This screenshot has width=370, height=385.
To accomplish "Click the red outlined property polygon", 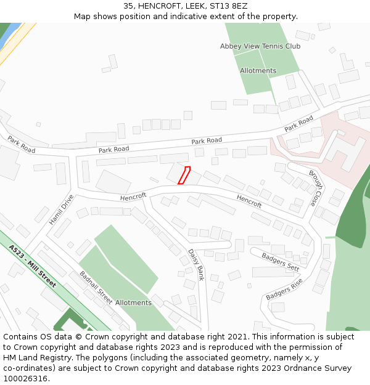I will pos(184,175).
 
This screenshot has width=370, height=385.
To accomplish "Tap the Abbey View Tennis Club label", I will pos(260,46).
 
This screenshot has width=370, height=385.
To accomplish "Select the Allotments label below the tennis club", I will pos(258,71).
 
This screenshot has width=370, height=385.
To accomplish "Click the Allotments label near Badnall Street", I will pos(133,302).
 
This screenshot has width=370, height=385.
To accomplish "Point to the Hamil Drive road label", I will pos(62,209).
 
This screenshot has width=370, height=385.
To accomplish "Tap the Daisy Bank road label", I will pos(196,264).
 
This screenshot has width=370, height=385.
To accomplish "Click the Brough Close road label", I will pos(316,188).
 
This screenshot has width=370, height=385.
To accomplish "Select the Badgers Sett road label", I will pos(281,262).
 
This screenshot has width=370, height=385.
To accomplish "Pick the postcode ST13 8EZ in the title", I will pos(229,6).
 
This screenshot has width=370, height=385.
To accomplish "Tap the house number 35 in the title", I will pos(128,6).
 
